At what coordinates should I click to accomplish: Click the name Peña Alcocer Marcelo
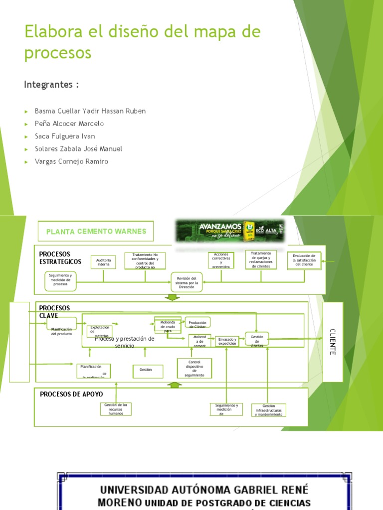tap(69, 124)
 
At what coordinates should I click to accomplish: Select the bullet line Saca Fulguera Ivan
tap(65, 136)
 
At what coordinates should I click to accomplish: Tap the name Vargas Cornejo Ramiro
tap(71, 161)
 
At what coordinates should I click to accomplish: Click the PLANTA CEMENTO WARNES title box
tap(96, 231)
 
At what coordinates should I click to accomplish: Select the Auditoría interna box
tap(103, 262)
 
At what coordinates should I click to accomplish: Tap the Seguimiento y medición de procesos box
tap(60, 280)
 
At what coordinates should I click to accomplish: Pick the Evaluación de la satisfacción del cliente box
tap(304, 260)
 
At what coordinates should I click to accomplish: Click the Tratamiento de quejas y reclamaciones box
tap(261, 259)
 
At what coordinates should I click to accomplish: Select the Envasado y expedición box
tap(227, 341)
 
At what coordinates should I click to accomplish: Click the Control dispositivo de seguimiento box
tap(194, 368)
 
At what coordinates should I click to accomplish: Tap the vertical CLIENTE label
tap(333, 342)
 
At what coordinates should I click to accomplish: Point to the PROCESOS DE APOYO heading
tap(71, 394)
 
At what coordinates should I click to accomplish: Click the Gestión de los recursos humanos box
tap(116, 409)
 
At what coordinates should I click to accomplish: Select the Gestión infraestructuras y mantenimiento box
tap(268, 410)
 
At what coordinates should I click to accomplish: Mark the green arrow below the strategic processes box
tap(172, 297)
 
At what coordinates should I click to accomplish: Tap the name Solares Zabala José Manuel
tap(78, 148)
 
